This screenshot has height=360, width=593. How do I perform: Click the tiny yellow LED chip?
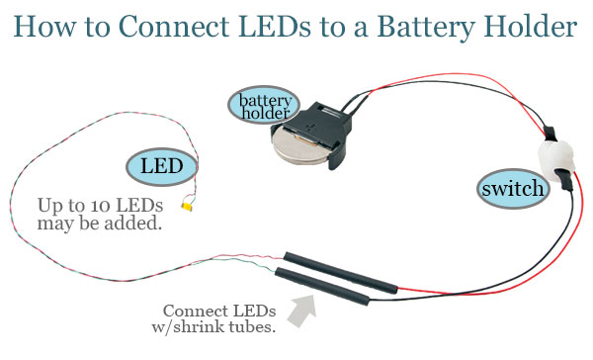[187, 207]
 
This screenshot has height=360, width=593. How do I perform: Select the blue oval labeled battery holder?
[261, 105]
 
